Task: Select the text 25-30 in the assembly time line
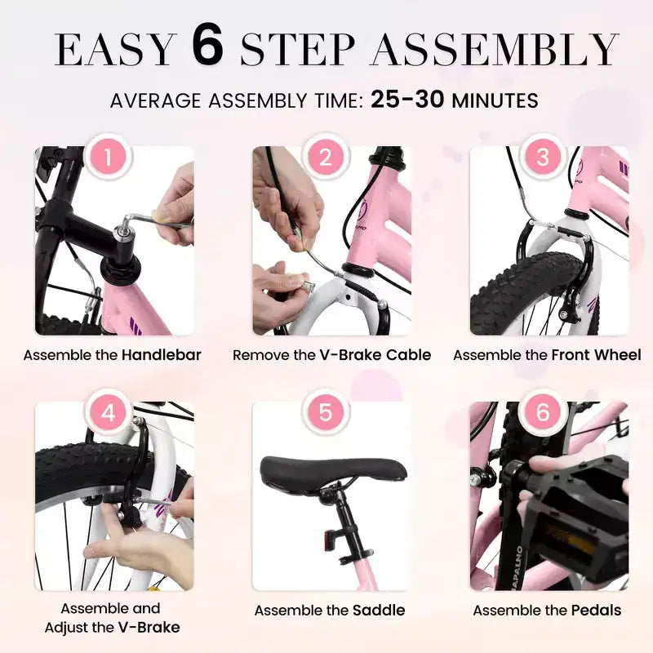(407, 100)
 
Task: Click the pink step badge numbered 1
(109, 158)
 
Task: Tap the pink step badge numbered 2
(326, 158)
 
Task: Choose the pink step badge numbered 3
(543, 158)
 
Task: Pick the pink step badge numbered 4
(109, 413)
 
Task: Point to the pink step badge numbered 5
(326, 413)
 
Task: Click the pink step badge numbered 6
(543, 413)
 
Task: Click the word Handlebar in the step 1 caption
(162, 355)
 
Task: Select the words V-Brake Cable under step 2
(375, 355)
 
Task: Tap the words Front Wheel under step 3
(597, 355)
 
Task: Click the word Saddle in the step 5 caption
(379, 611)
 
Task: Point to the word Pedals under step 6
(597, 611)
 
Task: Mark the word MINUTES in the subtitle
(495, 100)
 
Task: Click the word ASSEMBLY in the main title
(495, 49)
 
